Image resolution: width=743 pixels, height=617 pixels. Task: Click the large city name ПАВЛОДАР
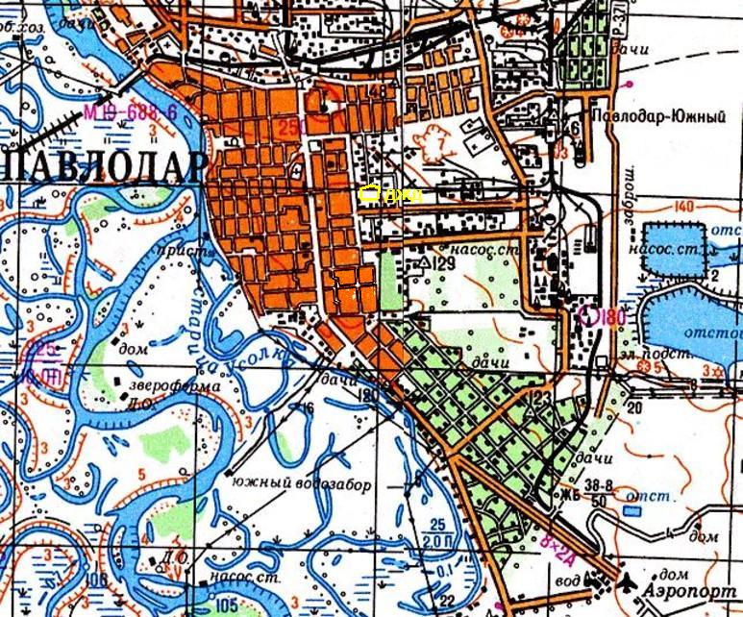tap(100, 166)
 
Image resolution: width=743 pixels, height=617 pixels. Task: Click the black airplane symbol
tap(628, 580)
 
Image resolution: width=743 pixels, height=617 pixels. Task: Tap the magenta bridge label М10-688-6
tap(131, 112)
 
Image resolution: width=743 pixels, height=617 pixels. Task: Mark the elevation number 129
tap(441, 262)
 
